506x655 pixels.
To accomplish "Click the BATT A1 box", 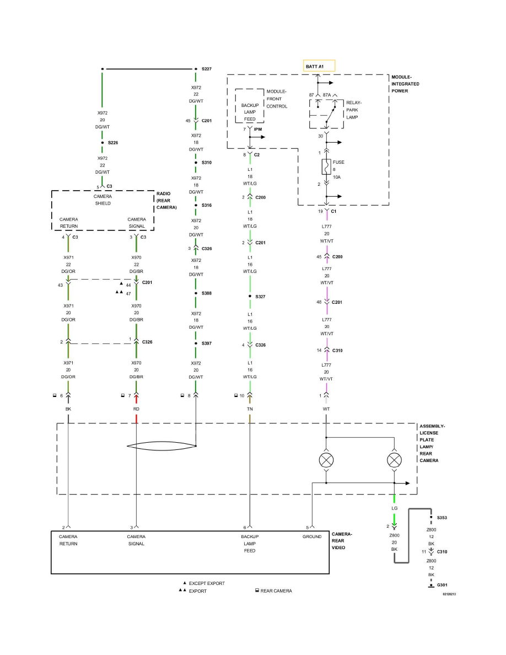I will [x=319, y=66].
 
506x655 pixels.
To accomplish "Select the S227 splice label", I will [x=207, y=69].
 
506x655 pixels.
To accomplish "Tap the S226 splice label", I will [x=113, y=142].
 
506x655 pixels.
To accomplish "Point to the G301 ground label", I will [x=442, y=585].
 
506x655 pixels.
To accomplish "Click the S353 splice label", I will [x=443, y=518].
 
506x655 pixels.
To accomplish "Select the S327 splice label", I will [x=260, y=297].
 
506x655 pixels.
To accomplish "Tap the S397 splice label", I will [x=207, y=343].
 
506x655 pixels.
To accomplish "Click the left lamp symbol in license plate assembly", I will [x=326, y=459].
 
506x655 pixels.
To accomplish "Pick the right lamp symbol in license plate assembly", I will [x=394, y=459].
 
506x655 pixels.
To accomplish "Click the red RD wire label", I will [x=136, y=410].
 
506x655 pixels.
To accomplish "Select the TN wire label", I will [x=250, y=410].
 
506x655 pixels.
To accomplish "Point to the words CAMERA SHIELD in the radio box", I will [x=103, y=200].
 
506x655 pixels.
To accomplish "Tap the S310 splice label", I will [x=207, y=163].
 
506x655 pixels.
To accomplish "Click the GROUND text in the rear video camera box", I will [x=311, y=536].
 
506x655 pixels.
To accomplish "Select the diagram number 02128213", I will [x=450, y=594].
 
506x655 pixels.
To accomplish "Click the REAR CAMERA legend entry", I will [x=276, y=591].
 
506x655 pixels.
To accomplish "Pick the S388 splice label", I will [x=207, y=293].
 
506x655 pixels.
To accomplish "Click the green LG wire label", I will [x=394, y=508].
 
